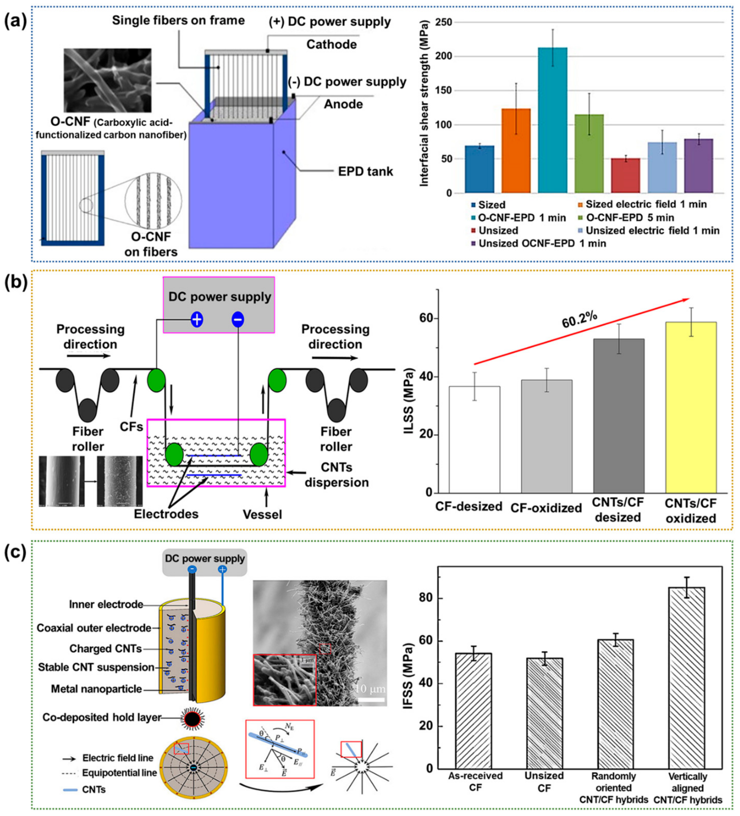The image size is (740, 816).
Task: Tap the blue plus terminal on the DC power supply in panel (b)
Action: pos(196,320)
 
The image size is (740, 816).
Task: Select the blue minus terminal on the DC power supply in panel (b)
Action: pos(238,320)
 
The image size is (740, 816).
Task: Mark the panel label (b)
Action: pos(16,283)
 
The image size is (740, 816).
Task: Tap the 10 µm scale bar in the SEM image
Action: pos(371,700)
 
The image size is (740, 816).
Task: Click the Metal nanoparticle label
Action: pos(96,689)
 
